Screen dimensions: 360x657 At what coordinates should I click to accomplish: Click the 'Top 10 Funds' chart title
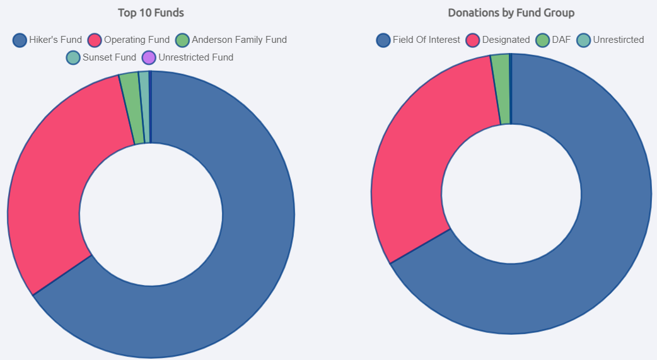pos(151,13)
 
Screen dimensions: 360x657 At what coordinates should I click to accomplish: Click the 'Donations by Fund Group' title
pos(511,13)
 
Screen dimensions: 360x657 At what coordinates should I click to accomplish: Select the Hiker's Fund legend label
pos(55,40)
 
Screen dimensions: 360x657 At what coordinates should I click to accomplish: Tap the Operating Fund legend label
pos(137,40)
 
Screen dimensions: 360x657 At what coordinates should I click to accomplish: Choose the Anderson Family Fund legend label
pos(239,40)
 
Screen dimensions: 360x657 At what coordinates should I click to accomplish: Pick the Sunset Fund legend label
pos(109,57)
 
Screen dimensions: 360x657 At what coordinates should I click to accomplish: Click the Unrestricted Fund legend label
pos(195,57)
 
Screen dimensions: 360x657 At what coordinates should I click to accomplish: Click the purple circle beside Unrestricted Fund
pos(149,58)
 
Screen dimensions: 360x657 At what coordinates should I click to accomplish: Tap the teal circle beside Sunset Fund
pos(73,58)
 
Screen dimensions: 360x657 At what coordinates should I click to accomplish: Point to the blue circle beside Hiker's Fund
pos(20,40)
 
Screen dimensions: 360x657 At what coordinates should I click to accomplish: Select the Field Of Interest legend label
pos(426,40)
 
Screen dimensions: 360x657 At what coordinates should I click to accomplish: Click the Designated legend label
pos(506,40)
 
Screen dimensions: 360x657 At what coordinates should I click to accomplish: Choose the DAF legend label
pos(561,40)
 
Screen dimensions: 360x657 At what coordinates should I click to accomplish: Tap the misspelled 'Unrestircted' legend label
pos(619,40)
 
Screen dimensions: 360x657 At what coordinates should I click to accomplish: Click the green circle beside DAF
pos(542,40)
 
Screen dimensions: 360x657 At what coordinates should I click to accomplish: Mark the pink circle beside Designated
pos(473,40)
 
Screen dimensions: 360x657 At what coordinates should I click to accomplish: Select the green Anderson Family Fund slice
pos(131,108)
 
